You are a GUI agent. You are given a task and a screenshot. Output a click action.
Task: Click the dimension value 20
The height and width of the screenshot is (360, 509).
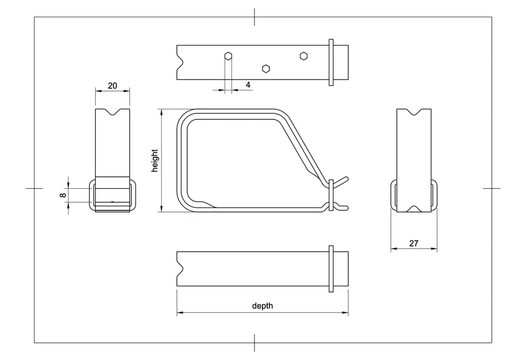[x=112, y=85]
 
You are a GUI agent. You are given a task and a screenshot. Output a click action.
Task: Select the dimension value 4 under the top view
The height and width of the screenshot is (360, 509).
[x=248, y=85]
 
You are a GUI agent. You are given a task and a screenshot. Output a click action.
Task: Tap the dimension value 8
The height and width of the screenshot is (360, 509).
[x=63, y=195]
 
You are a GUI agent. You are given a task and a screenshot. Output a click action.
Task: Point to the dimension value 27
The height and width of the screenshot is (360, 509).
[x=413, y=243]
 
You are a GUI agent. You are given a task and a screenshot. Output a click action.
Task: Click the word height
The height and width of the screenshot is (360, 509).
[x=154, y=161]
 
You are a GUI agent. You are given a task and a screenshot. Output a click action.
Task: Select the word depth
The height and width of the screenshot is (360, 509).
[x=263, y=306]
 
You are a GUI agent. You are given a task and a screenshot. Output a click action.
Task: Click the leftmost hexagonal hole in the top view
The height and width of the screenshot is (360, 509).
[x=229, y=56]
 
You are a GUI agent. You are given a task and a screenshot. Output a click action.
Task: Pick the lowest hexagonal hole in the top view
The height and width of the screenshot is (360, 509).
[x=265, y=69]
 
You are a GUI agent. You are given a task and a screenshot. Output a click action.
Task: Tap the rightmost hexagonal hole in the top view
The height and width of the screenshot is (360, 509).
[x=303, y=56]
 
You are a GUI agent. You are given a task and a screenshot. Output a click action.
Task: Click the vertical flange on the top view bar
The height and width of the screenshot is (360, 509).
[x=331, y=63]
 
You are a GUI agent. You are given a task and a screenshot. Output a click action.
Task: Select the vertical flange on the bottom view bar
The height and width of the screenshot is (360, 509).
[x=331, y=268]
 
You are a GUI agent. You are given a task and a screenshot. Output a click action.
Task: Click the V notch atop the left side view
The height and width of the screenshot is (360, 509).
[x=112, y=112]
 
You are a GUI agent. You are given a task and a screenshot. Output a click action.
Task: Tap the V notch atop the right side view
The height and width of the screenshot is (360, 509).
[x=414, y=112]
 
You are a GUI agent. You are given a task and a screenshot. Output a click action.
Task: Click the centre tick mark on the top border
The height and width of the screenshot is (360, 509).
[x=254, y=17]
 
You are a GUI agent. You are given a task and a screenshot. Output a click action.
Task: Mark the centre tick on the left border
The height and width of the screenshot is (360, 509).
[x=35, y=188]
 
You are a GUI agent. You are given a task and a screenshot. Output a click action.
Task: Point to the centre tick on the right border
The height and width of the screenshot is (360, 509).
[x=491, y=188]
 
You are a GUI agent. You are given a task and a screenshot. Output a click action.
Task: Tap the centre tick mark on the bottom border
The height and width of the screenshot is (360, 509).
[x=254, y=343]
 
